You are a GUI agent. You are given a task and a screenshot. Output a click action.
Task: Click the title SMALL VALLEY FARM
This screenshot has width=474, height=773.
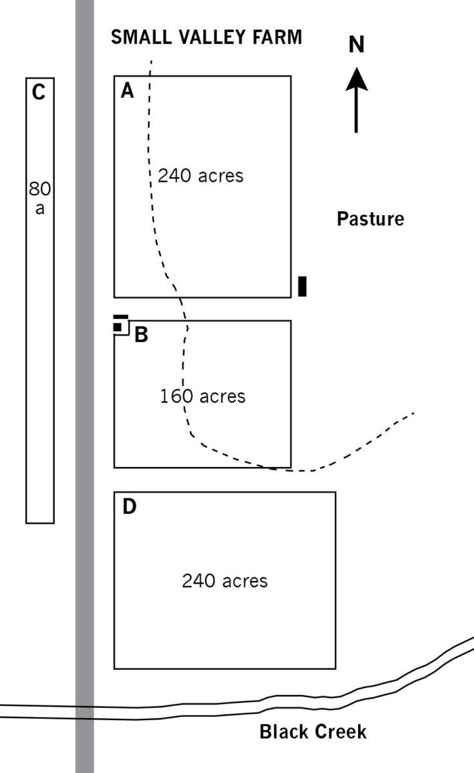coord(206,37)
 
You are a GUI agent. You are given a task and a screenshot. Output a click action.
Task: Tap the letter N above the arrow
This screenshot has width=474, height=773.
coord(356,44)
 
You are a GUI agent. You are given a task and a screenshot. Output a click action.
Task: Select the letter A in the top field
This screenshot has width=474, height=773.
coord(128,91)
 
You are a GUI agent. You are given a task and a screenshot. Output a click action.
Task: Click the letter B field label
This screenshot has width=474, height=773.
coord(141,335)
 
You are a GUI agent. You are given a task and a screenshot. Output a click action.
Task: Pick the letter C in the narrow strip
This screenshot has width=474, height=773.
coord(39,93)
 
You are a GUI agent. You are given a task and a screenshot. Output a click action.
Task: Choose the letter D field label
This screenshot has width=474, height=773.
coord(129,508)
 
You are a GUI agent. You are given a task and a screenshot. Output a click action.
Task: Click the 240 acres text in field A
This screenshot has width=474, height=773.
coord(201,175)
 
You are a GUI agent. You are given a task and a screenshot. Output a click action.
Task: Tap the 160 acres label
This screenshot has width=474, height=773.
coord(203,396)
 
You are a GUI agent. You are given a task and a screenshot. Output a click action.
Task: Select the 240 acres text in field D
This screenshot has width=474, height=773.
coord(224,581)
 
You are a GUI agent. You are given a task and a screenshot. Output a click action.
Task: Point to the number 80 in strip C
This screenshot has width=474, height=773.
coord(39,189)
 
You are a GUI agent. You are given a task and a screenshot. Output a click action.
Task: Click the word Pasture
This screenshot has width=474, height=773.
coord(370,219)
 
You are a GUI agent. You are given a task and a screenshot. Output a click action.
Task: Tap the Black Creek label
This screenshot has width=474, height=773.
coord(313,732)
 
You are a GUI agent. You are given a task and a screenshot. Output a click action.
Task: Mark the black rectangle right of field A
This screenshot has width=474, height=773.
coord(302,286)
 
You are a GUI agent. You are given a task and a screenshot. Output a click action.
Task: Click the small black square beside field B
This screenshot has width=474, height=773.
coord(118,327)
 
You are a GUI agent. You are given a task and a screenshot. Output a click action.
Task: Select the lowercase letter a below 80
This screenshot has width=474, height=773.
coord(40,209)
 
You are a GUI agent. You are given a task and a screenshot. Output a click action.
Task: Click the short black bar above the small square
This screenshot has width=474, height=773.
coord(120,318)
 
